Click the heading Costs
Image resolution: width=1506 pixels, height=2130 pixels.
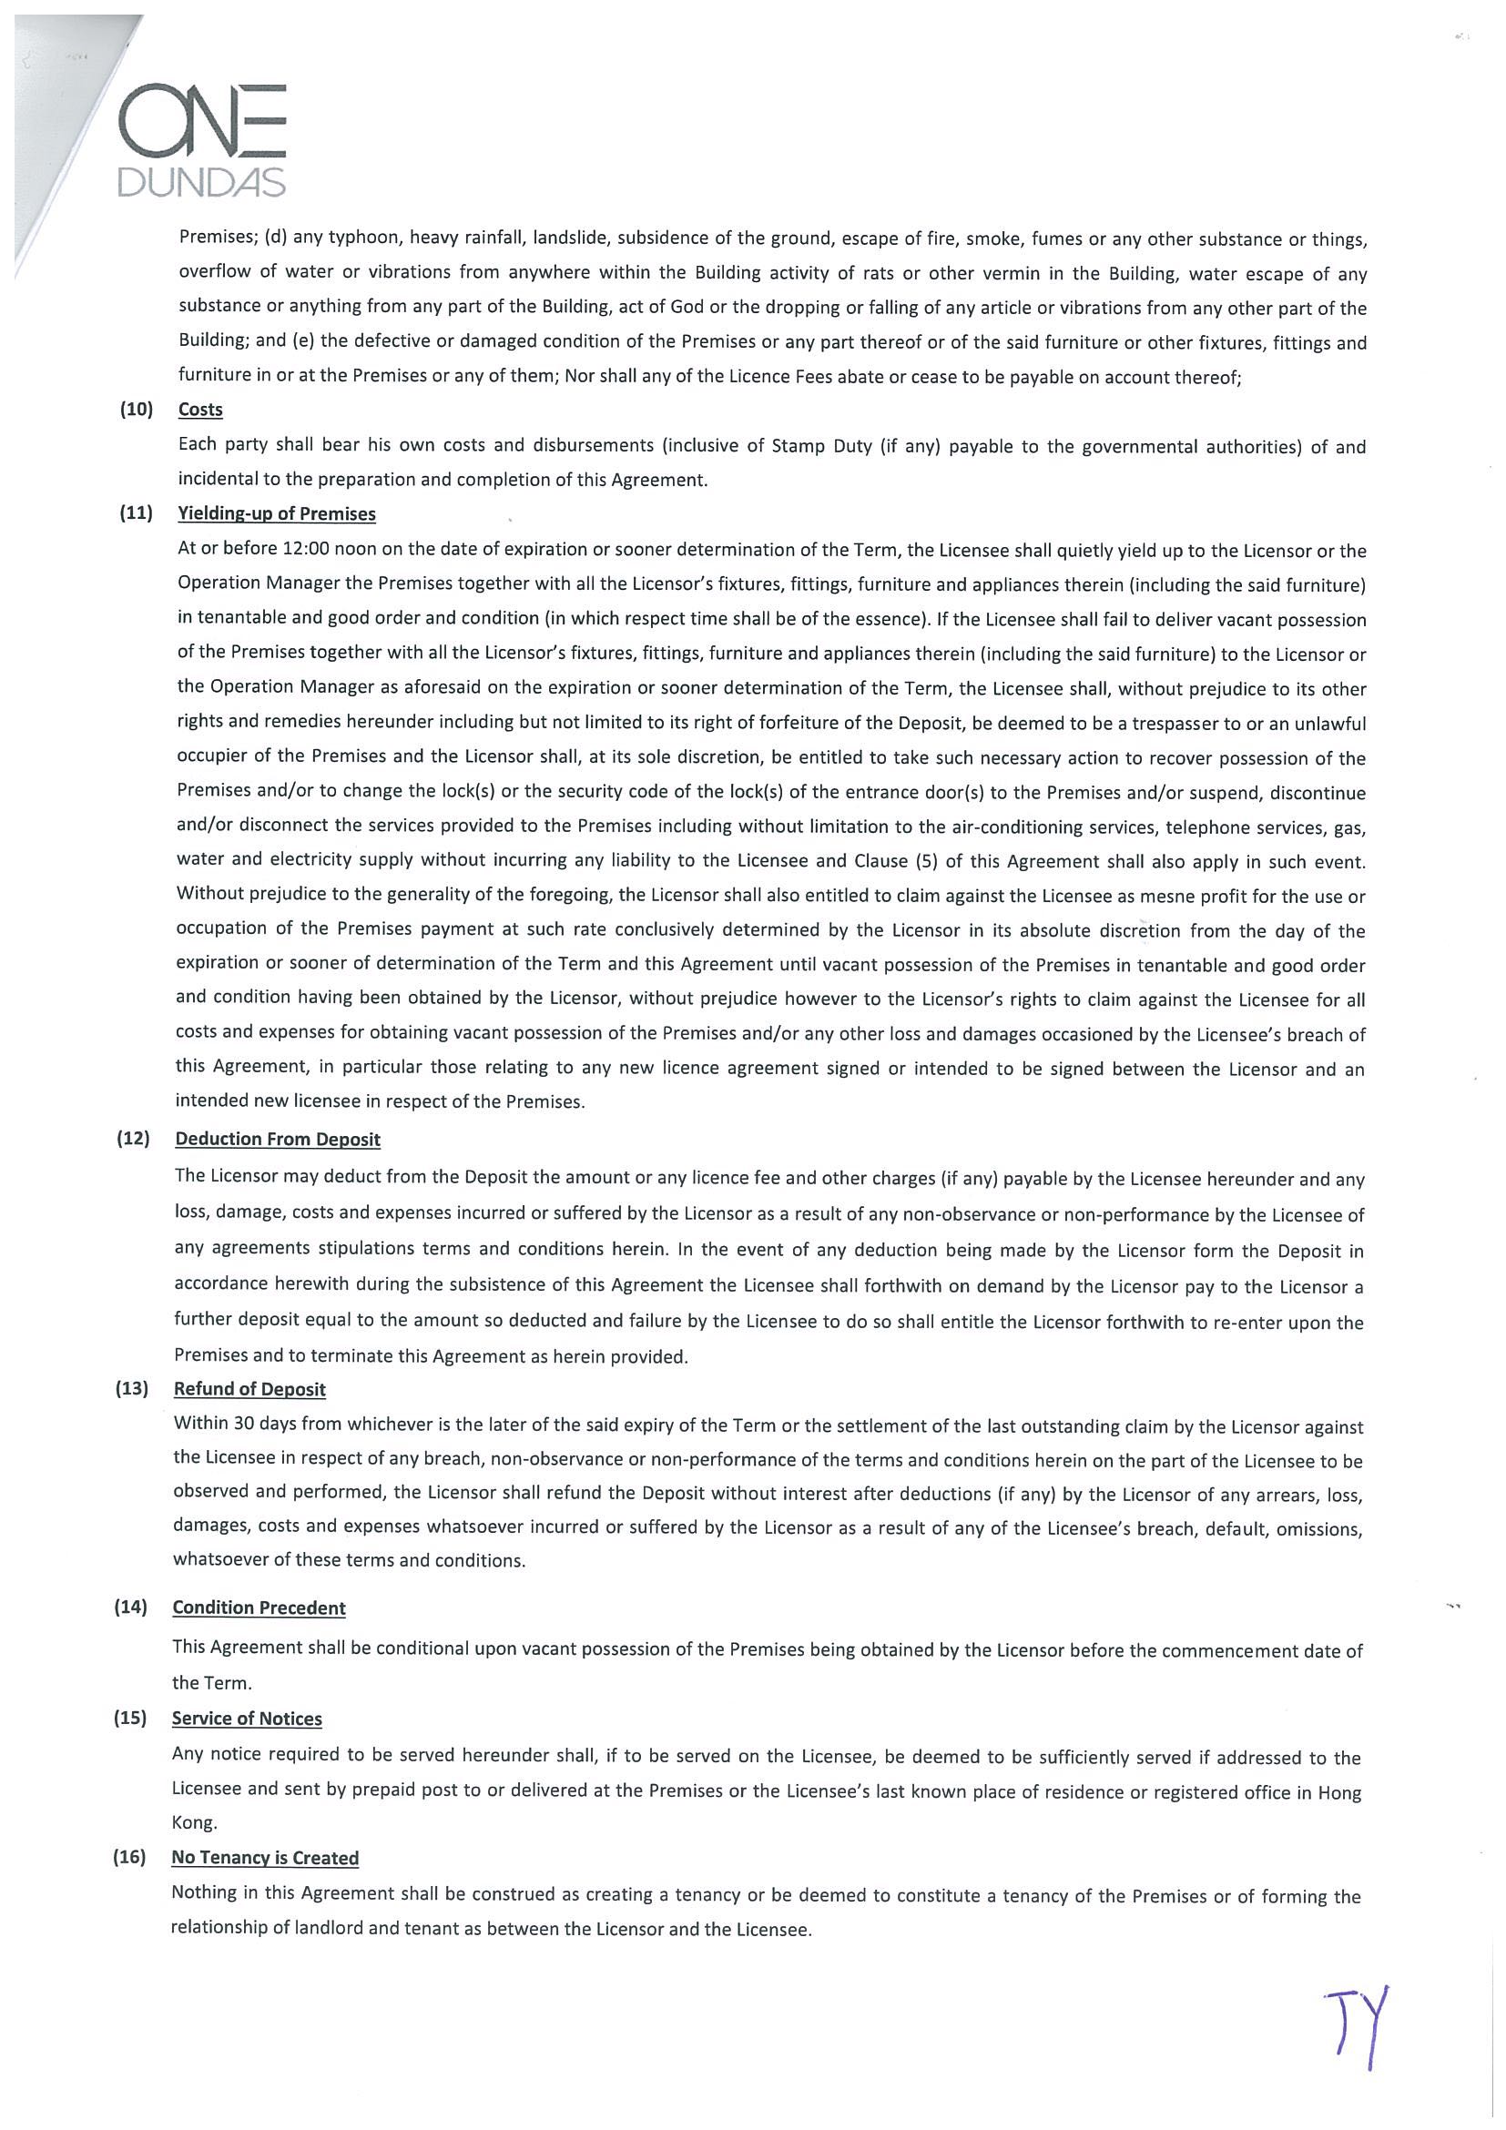pyautogui.click(x=200, y=409)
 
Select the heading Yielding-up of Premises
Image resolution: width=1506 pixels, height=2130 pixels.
pyautogui.click(x=277, y=514)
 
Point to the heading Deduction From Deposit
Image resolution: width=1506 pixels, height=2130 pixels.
pyautogui.click(x=278, y=1140)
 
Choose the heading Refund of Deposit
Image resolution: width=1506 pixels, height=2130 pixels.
pyautogui.click(x=249, y=1389)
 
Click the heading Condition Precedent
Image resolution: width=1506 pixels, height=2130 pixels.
pyautogui.click(x=259, y=1608)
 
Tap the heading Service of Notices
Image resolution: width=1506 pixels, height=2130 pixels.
pyautogui.click(x=247, y=1718)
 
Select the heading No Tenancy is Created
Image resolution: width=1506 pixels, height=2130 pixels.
pyautogui.click(x=264, y=1857)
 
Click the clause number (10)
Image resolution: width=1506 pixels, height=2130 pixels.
pyautogui.click(x=136, y=409)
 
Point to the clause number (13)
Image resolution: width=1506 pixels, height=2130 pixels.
pyautogui.click(x=132, y=1389)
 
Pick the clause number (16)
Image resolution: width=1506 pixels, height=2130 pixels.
pyautogui.click(x=130, y=1857)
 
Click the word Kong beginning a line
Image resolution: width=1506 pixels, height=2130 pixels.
pyautogui.click(x=194, y=1822)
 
